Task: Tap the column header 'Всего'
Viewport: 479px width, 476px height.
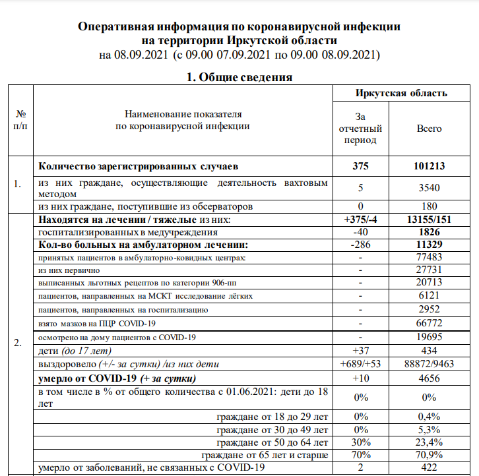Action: pyautogui.click(x=429, y=129)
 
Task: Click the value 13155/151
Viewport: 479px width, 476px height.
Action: pyautogui.click(x=429, y=220)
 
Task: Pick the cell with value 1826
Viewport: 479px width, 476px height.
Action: pyautogui.click(x=429, y=232)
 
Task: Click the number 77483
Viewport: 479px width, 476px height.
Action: pyautogui.click(x=429, y=258)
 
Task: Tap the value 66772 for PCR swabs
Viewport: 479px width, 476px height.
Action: pyautogui.click(x=429, y=323)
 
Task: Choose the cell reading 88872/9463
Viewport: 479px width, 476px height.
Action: pyautogui.click(x=429, y=364)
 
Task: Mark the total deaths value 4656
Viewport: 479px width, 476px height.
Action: pyautogui.click(x=429, y=378)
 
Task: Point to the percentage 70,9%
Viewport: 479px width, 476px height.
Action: pyautogui.click(x=429, y=455)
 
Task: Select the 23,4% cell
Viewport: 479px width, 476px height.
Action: pyautogui.click(x=429, y=442)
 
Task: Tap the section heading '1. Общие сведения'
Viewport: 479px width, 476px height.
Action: pyautogui.click(x=239, y=77)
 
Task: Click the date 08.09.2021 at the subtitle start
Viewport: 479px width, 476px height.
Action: pyautogui.click(x=143, y=55)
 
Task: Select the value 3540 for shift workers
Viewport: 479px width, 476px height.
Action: pyautogui.click(x=429, y=188)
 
